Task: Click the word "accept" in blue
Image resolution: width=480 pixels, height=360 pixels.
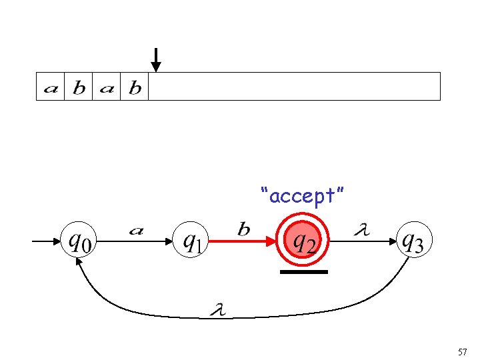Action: tap(303, 196)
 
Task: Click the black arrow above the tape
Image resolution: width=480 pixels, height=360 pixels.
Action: tap(155, 59)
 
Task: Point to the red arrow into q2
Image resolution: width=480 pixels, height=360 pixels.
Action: tap(247, 243)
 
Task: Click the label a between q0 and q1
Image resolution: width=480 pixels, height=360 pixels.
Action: tap(136, 231)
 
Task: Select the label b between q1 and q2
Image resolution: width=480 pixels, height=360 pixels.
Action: tap(244, 230)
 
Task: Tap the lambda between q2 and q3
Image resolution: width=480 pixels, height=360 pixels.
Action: tap(362, 230)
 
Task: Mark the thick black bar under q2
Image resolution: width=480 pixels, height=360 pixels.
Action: tap(304, 272)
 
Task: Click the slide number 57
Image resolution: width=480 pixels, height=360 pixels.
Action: tap(463, 351)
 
